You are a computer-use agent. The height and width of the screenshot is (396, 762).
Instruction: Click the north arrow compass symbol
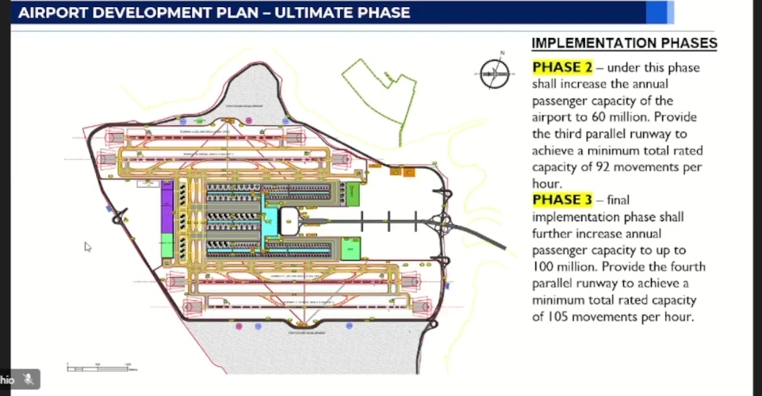pyautogui.click(x=495, y=73)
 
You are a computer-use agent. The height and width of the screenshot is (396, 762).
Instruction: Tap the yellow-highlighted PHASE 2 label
pyautogui.click(x=562, y=68)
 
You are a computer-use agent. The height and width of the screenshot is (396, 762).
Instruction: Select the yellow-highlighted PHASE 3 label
pyautogui.click(x=562, y=200)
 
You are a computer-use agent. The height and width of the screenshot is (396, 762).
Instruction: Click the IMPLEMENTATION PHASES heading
pyautogui.click(x=624, y=44)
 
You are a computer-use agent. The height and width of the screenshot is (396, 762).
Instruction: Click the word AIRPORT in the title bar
pyautogui.click(x=54, y=13)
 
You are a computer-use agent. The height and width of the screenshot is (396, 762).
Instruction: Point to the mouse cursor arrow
pyautogui.click(x=87, y=246)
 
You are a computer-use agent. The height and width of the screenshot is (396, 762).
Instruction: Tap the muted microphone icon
pyautogui.click(x=28, y=379)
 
